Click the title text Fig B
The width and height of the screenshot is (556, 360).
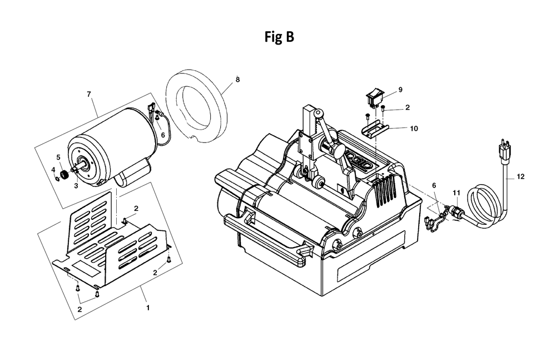tap(279, 37)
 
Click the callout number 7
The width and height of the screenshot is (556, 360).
tap(88, 94)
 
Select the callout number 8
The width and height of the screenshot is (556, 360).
tap(237, 80)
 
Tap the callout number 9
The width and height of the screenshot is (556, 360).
tap(400, 90)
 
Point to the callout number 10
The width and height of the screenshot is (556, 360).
tap(414, 129)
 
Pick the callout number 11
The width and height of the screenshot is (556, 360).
tap(456, 193)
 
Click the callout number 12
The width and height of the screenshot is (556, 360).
tap(520, 176)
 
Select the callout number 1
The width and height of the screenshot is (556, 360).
tap(148, 308)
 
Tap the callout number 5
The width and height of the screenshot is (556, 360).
tap(58, 157)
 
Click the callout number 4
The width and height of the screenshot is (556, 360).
tap(53, 169)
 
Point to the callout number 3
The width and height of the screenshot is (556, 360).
tap(76, 186)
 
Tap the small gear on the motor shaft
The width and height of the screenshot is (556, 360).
tap(64, 175)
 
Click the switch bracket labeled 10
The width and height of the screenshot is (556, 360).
tap(375, 128)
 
